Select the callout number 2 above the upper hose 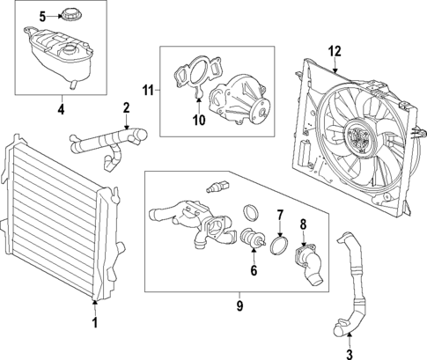click(126, 108)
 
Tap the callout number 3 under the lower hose click(350, 354)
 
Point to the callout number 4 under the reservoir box click(61, 110)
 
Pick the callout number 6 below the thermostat click(254, 271)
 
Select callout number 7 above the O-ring click(280, 215)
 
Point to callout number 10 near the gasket click(198, 118)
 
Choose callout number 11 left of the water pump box click(149, 89)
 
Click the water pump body click(242, 98)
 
